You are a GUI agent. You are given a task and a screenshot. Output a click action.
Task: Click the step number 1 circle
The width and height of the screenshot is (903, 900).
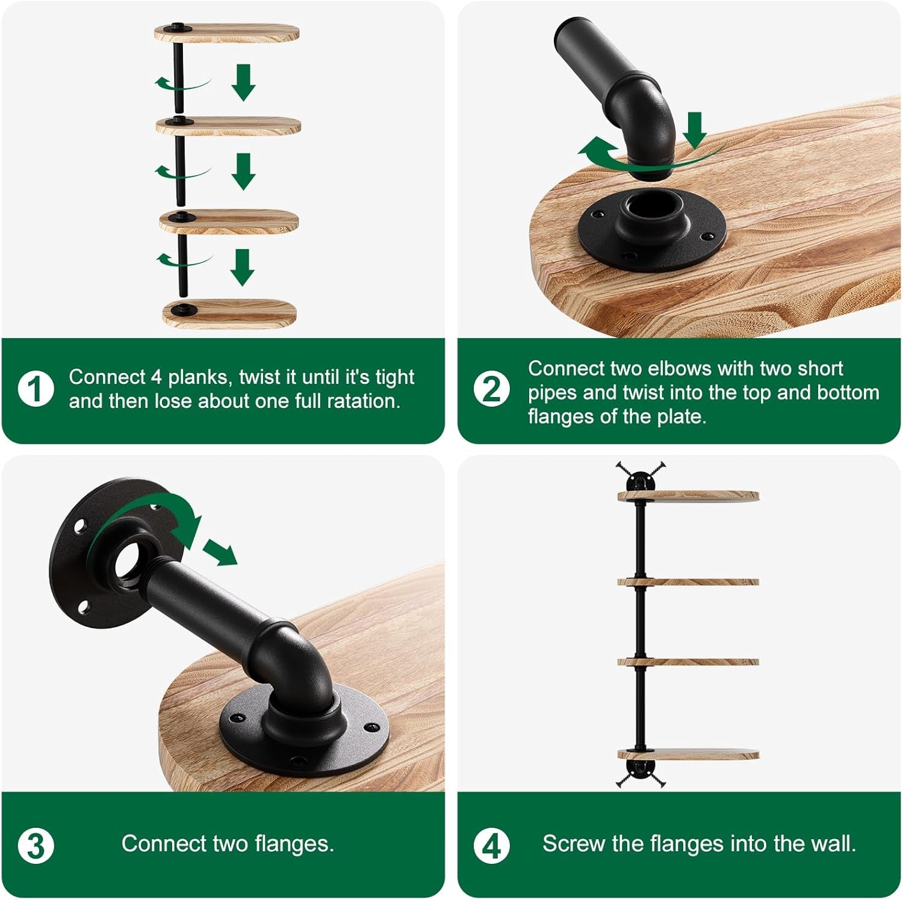[x=36, y=389]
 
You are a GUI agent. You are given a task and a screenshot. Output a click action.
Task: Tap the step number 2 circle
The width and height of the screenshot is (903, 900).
[x=491, y=389]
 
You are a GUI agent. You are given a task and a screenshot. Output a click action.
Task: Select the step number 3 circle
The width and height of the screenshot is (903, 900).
[x=36, y=845]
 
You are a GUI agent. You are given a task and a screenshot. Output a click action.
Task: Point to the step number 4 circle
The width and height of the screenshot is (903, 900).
[x=491, y=845]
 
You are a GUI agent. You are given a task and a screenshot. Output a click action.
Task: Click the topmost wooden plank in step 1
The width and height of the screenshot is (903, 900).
[x=226, y=33]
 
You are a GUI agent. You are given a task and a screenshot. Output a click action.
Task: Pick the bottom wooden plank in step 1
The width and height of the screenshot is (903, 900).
[x=229, y=313]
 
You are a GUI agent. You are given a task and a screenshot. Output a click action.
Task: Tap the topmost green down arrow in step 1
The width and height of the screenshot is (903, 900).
[x=243, y=82]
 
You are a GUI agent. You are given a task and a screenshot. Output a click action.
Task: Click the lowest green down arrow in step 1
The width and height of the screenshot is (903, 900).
[x=242, y=267]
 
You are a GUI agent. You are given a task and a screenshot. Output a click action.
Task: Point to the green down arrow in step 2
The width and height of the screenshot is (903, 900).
[x=695, y=130]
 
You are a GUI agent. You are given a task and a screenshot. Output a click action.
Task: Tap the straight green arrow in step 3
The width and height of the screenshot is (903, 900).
[x=220, y=552]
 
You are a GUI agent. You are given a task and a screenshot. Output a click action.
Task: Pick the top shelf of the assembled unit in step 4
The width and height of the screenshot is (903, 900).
[x=688, y=496]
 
